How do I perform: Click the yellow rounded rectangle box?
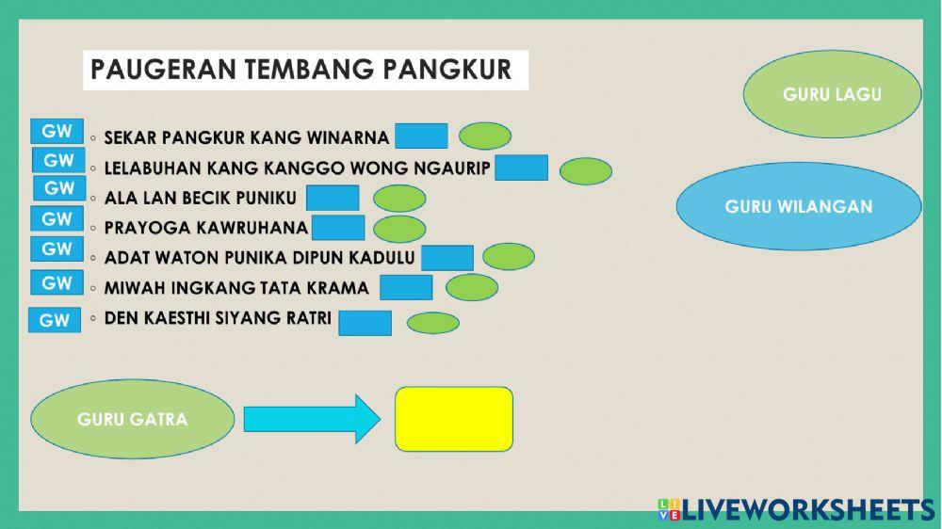click(x=454, y=418)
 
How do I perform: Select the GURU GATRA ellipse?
click(x=132, y=419)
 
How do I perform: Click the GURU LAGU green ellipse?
click(x=832, y=94)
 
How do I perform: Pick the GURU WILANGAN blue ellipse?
click(x=799, y=206)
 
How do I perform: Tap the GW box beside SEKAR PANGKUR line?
click(x=57, y=132)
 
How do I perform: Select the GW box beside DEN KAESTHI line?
click(x=55, y=320)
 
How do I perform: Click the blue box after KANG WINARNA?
click(x=421, y=136)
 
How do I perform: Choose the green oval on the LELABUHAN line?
click(x=585, y=171)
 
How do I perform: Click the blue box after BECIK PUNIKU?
click(x=333, y=198)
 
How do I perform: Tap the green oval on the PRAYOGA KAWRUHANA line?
click(x=399, y=229)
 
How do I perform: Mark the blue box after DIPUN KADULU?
click(x=447, y=257)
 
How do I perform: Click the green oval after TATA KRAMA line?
click(x=472, y=287)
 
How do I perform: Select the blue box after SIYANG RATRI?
click(x=365, y=322)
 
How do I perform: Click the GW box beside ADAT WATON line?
click(x=57, y=249)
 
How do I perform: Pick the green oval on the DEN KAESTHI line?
click(x=432, y=323)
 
